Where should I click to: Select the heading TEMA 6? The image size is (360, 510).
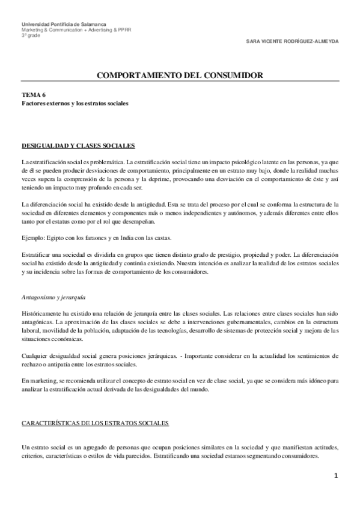tap(33, 95)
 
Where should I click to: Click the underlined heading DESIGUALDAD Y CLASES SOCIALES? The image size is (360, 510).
tap(78, 146)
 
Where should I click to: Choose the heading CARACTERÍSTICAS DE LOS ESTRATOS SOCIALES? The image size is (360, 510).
tap(96, 423)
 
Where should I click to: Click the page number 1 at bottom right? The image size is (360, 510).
tap(337, 476)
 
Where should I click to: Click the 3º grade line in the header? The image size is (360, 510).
tap(30, 35)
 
